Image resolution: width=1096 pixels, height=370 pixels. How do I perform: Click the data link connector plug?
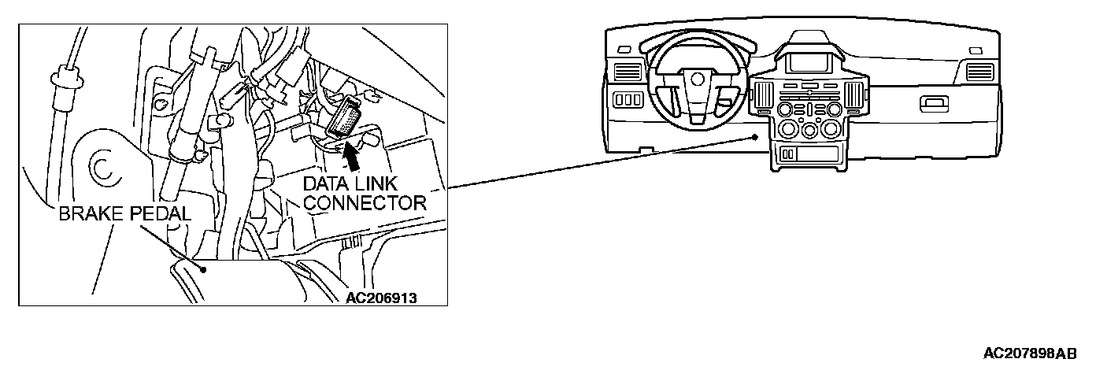[344, 119]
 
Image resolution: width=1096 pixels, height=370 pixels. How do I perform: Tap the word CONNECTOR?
[365, 202]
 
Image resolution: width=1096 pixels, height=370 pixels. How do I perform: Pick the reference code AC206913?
[380, 298]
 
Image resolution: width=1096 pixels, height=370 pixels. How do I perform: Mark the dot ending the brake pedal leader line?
[203, 269]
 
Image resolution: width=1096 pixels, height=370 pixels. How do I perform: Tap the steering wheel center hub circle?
[695, 78]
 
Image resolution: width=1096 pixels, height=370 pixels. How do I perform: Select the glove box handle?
[935, 101]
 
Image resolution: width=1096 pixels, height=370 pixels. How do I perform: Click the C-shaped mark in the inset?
[100, 168]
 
